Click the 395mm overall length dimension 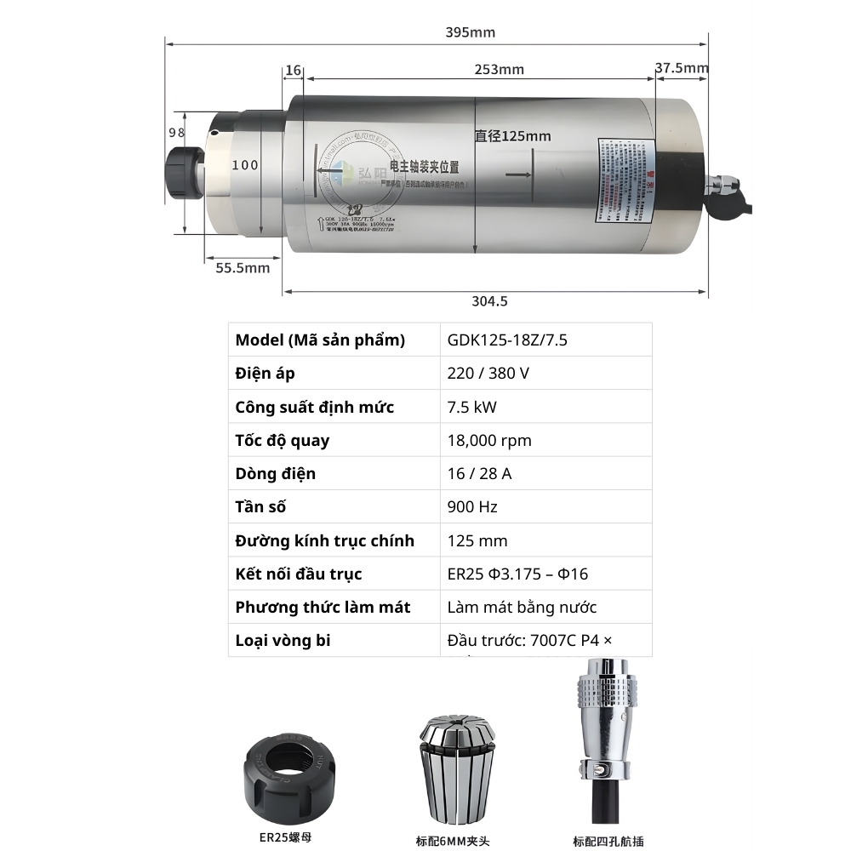tap(471, 32)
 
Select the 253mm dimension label tap(500, 69)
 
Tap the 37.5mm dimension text tap(682, 68)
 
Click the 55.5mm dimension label tap(243, 267)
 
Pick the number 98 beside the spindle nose tap(177, 133)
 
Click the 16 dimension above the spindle tap(294, 70)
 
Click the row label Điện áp tap(266, 374)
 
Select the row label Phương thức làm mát tap(323, 607)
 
